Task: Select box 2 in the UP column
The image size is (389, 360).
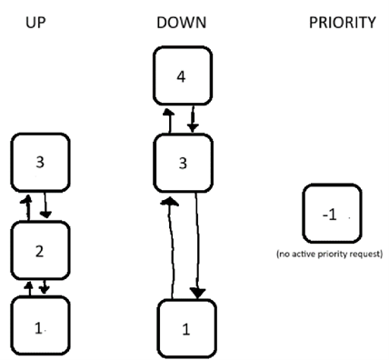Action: [x=38, y=251]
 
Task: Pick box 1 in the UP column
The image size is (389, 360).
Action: [x=38, y=324]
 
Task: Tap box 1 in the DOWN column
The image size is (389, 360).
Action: [x=186, y=329]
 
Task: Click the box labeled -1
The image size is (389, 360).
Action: [x=332, y=215]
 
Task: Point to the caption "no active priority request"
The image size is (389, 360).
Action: [x=330, y=254]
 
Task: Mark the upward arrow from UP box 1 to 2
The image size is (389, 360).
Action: [x=27, y=288]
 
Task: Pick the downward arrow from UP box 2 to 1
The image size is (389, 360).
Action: [x=45, y=288]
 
